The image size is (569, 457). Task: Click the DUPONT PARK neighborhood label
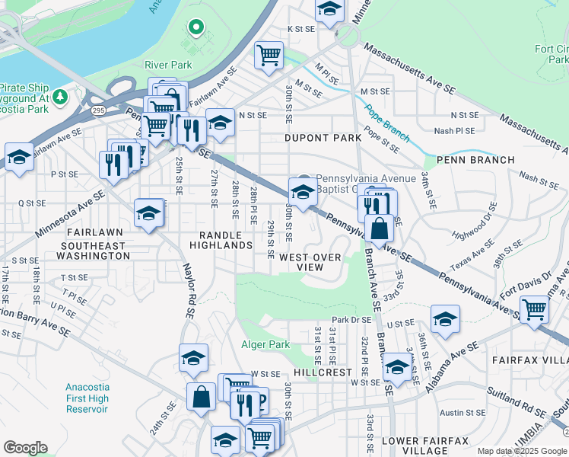322,138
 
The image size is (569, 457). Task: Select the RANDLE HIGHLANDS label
226,240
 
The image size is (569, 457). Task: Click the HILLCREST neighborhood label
323,372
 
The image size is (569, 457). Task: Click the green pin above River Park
196,28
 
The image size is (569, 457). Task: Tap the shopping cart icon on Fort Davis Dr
535,309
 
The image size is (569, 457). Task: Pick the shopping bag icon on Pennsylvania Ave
379,227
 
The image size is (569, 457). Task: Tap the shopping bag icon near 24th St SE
201,397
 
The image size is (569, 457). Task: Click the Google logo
25,447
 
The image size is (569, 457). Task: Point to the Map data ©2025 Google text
522,451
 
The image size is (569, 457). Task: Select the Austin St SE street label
457,412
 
